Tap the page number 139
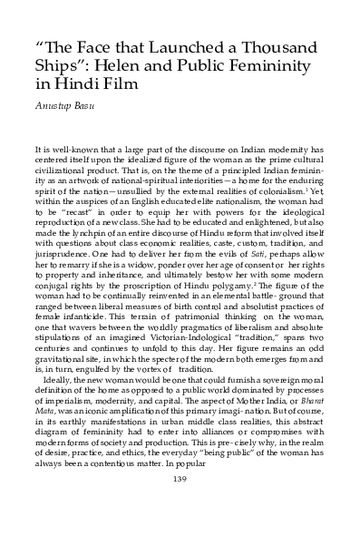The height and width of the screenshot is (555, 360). tap(180, 530)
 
